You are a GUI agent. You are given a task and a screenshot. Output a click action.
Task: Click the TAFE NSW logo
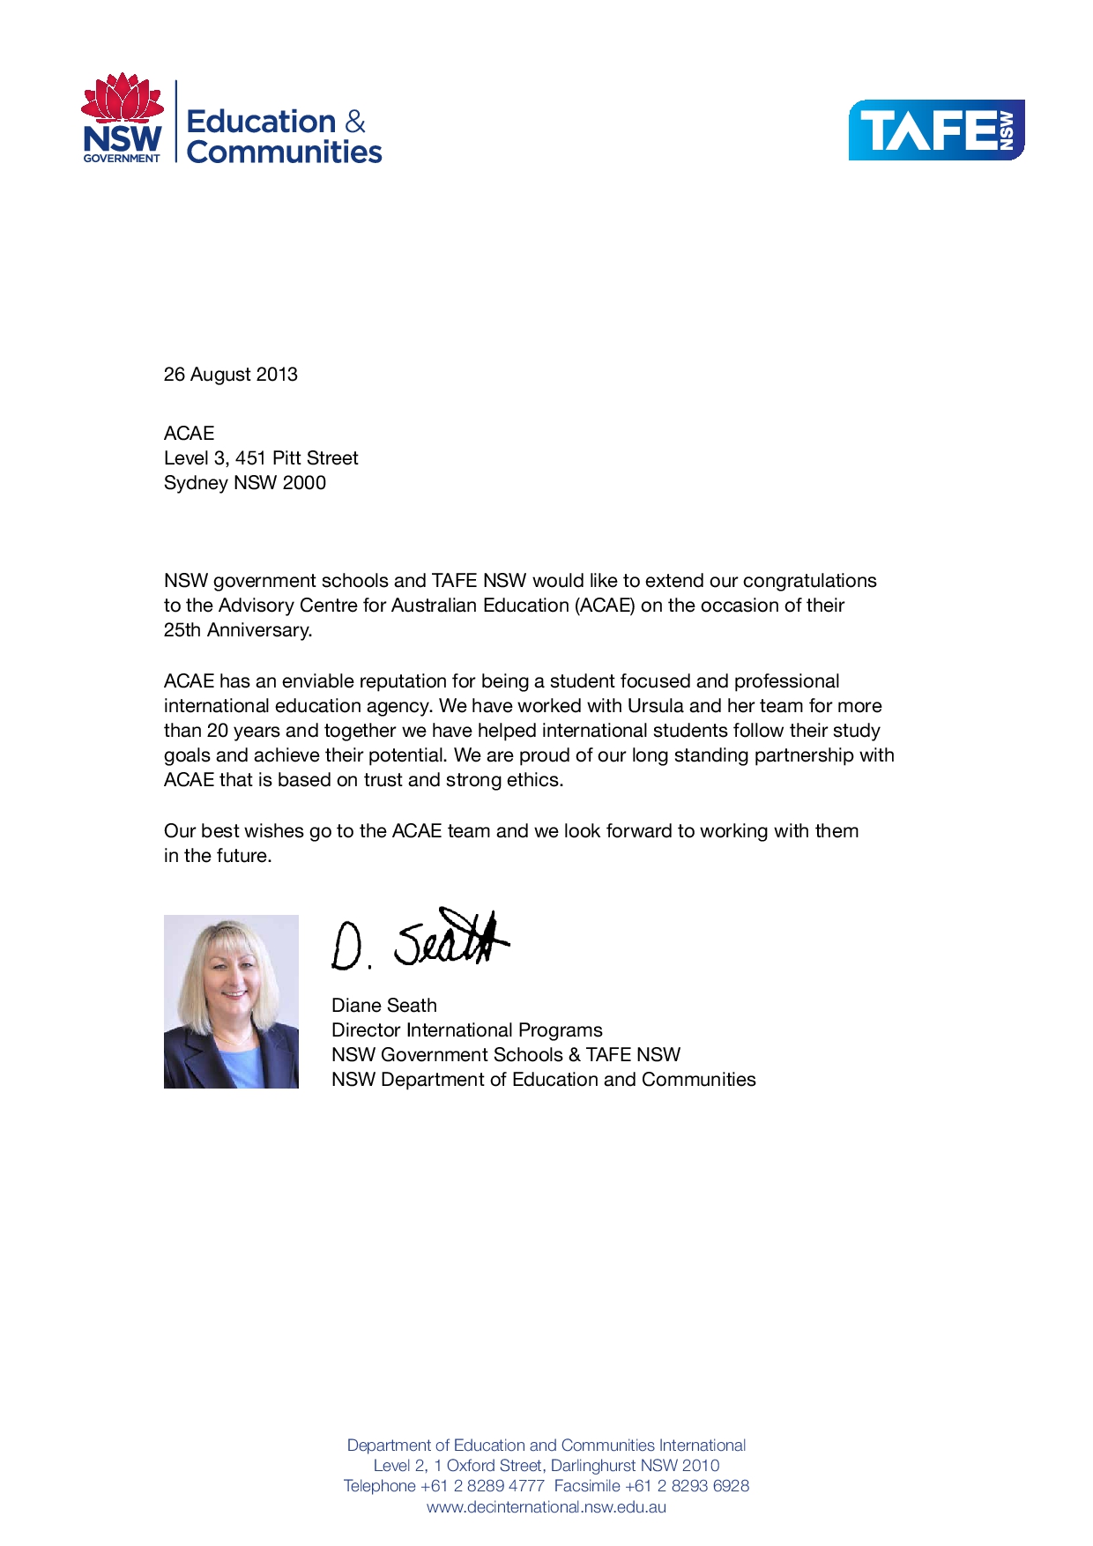(x=936, y=130)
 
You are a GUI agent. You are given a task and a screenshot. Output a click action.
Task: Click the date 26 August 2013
(x=231, y=375)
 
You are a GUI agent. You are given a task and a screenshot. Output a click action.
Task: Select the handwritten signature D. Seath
(x=420, y=940)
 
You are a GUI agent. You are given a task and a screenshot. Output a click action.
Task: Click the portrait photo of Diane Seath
(x=231, y=1001)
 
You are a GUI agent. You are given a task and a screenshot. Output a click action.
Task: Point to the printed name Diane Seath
(x=384, y=1006)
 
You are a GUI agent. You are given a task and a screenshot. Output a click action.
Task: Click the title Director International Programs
(x=467, y=1030)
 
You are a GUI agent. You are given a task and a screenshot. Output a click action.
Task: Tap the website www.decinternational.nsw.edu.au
(x=546, y=1506)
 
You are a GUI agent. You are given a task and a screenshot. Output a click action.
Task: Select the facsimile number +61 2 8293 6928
(x=687, y=1486)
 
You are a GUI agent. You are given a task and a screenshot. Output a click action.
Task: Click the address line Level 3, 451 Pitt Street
(x=261, y=458)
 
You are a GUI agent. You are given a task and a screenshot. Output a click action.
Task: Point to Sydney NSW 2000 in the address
(x=245, y=483)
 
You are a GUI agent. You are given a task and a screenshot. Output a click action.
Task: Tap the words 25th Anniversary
(x=238, y=630)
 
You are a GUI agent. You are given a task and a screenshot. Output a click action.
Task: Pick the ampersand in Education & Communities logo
(x=354, y=122)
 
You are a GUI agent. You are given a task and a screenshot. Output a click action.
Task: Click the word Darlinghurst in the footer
(x=593, y=1465)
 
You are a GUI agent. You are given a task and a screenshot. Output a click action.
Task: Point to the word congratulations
(x=809, y=581)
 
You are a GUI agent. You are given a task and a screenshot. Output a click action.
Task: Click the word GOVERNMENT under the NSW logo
(x=122, y=159)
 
